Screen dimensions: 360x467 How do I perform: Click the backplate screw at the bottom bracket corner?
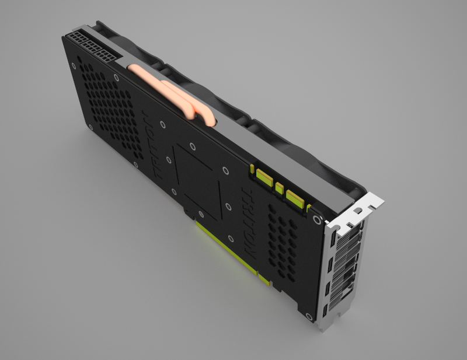click(305, 315)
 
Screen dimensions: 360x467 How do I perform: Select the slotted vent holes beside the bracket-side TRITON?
click(283, 239)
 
